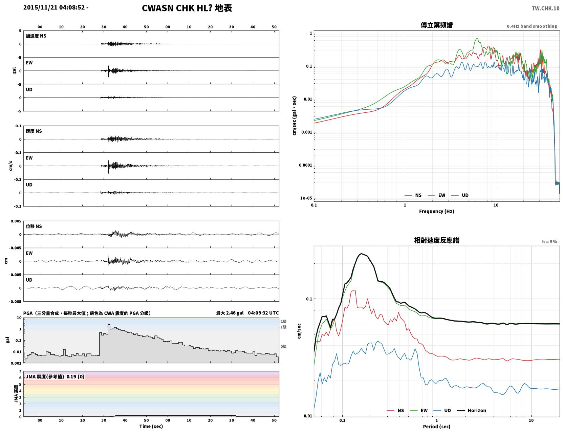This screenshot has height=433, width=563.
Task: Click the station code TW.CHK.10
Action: pyautogui.click(x=545, y=8)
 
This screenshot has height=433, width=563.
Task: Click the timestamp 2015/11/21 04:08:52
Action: pyautogui.click(x=54, y=7)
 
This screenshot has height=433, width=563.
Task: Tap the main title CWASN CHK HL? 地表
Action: pyautogui.click(x=187, y=8)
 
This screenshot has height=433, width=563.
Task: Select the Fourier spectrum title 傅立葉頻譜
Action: pyautogui.click(x=437, y=25)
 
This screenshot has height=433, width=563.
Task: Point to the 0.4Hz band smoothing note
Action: pyautogui.click(x=532, y=26)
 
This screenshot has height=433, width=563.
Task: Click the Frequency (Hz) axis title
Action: pyautogui.click(x=437, y=211)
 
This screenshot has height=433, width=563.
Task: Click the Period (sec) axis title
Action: pyautogui.click(x=437, y=426)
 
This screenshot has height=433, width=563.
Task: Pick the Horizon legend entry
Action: pyautogui.click(x=471, y=410)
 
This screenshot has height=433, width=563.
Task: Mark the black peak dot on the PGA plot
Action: pyautogui.click(x=109, y=324)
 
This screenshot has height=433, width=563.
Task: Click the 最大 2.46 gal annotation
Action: pyautogui.click(x=230, y=313)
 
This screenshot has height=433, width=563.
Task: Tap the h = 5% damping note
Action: pyautogui.click(x=549, y=242)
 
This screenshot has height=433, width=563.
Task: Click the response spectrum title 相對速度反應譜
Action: pyautogui.click(x=437, y=240)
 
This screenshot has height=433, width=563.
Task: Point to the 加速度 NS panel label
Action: pyautogui.click(x=36, y=36)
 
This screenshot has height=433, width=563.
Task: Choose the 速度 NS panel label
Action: pyautogui.click(x=34, y=131)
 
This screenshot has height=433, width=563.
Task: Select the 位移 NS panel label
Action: pyautogui.click(x=34, y=226)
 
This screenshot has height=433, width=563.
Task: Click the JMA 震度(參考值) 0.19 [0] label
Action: pyautogui.click(x=55, y=376)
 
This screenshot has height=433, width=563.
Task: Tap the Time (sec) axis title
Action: pyautogui.click(x=151, y=426)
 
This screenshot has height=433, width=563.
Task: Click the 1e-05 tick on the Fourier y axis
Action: pyautogui.click(x=306, y=198)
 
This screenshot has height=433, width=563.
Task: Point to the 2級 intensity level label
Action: pyautogui.click(x=283, y=321)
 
